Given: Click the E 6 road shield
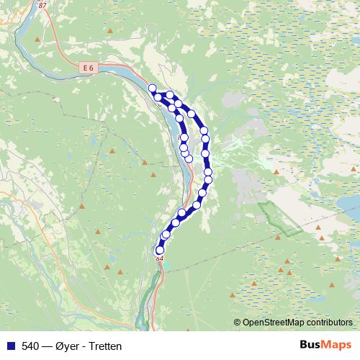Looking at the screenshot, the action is (88, 67).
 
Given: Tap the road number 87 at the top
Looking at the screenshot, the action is (42, 6).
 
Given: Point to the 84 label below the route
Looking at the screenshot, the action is (160, 258).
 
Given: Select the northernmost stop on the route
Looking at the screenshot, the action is (152, 88).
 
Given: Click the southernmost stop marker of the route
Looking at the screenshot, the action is (160, 250).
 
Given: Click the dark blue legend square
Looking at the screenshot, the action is (10, 346).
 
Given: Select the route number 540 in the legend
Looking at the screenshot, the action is (31, 346).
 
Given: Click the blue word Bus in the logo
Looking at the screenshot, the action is (311, 346).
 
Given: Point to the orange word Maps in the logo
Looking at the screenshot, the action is (338, 346).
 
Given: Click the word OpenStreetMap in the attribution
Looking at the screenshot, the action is (276, 323).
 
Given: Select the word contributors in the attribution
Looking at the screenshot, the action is (331, 323).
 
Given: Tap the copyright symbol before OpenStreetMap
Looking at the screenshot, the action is (238, 323).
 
